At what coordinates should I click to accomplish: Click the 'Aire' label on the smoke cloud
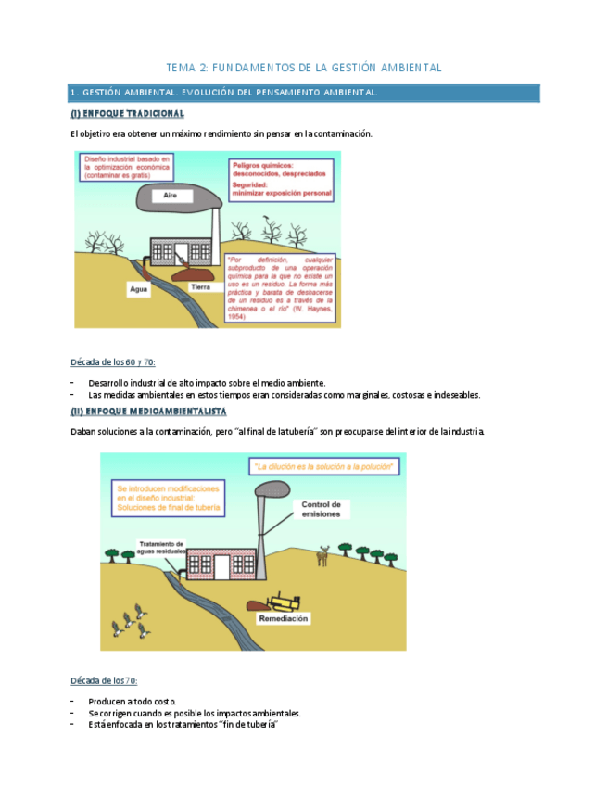pyautogui.click(x=170, y=196)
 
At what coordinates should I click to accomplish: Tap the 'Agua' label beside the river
pyautogui.click(x=137, y=289)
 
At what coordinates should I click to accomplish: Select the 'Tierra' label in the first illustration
pyautogui.click(x=201, y=287)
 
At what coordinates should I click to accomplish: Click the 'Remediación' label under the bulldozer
pyautogui.click(x=284, y=618)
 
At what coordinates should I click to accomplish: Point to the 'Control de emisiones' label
pyautogui.click(x=322, y=509)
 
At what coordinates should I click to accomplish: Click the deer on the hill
pyautogui.click(x=323, y=555)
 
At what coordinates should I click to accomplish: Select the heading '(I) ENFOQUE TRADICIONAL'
pyautogui.click(x=127, y=114)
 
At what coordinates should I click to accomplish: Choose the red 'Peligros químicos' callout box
pyautogui.click(x=282, y=178)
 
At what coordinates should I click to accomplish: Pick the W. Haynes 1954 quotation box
pyautogui.click(x=280, y=287)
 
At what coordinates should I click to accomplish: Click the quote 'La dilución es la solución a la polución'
pyautogui.click(x=323, y=465)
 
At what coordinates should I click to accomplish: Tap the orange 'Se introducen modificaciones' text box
pyautogui.click(x=170, y=497)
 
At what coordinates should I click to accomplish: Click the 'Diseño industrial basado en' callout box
pyautogui.click(x=128, y=169)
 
